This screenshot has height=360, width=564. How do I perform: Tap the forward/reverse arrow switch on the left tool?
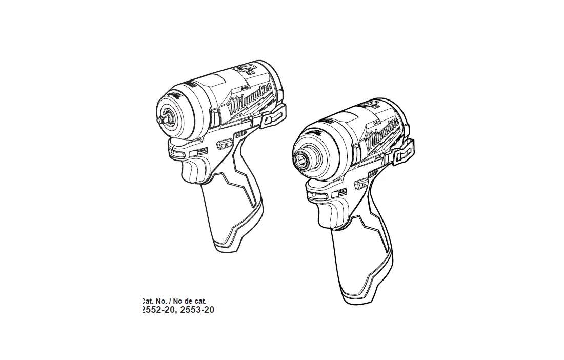224,144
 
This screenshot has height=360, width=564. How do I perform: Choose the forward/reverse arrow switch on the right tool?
362,181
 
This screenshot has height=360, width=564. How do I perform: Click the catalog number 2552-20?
157,310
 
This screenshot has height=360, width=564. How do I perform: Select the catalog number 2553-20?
197,310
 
